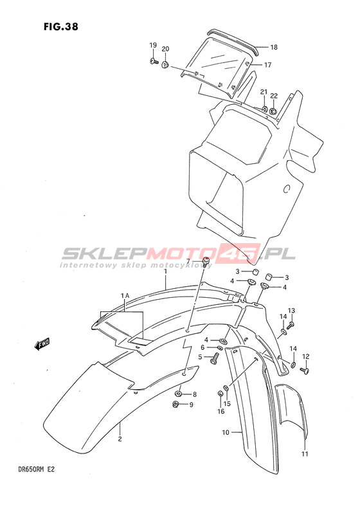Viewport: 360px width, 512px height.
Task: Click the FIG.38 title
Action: point(61,26)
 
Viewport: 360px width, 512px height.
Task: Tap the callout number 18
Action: point(274,48)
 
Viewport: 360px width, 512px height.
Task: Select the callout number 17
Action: point(267,65)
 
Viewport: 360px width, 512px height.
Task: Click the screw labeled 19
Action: point(154,60)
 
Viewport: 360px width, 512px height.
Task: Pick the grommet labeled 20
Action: point(165,64)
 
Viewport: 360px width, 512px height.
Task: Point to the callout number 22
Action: point(273,96)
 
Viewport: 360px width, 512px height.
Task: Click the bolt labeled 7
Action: point(206,262)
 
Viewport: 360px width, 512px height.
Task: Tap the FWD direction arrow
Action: point(42,344)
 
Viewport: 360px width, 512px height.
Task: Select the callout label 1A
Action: point(125,295)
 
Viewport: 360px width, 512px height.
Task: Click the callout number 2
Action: point(120,439)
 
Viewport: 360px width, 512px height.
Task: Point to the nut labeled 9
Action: point(176,404)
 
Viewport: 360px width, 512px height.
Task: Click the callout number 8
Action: point(195,394)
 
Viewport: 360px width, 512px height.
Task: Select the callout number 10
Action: point(226,433)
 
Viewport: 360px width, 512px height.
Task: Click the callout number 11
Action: point(305,453)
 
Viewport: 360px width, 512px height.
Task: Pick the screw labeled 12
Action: point(305,370)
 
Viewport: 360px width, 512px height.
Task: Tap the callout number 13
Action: point(291,310)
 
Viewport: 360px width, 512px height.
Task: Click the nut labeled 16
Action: point(220,394)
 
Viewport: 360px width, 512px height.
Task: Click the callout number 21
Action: point(264,93)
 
